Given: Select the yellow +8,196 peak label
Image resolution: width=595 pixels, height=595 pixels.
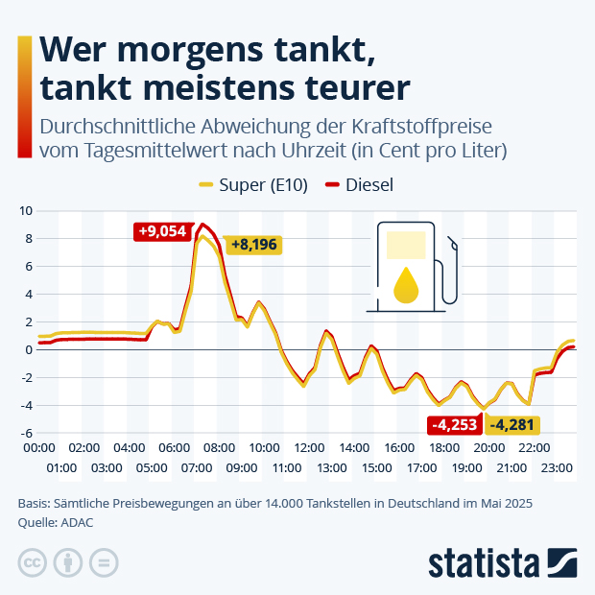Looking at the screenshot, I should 253,245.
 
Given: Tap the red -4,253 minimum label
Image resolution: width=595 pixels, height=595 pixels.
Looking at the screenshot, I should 455,424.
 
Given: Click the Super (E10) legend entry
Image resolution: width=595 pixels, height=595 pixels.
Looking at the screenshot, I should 253,185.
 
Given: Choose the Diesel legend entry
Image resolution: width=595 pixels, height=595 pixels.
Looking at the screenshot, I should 359,185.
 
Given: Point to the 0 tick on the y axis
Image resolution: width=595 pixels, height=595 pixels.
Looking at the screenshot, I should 27,349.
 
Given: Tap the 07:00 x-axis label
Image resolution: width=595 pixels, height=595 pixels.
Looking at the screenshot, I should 197,467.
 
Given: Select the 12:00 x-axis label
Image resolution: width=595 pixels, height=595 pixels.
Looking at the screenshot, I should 309,447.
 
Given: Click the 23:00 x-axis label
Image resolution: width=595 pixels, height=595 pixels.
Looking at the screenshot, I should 557,467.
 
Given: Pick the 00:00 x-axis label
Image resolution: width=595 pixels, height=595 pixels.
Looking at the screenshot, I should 38,447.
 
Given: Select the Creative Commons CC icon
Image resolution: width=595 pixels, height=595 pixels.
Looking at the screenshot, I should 33,562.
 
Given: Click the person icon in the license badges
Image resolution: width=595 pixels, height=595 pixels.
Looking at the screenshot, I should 68,562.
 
